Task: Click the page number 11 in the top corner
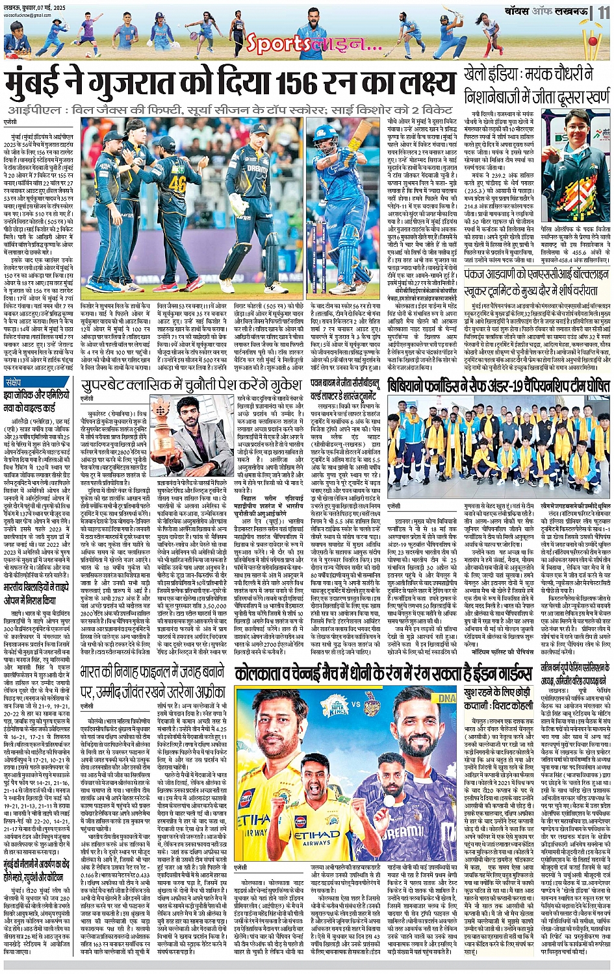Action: click(x=604, y=12)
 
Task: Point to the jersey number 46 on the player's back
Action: click(x=178, y=184)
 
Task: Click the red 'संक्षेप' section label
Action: click(x=14, y=382)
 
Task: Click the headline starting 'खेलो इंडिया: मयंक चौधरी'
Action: click(x=536, y=86)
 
